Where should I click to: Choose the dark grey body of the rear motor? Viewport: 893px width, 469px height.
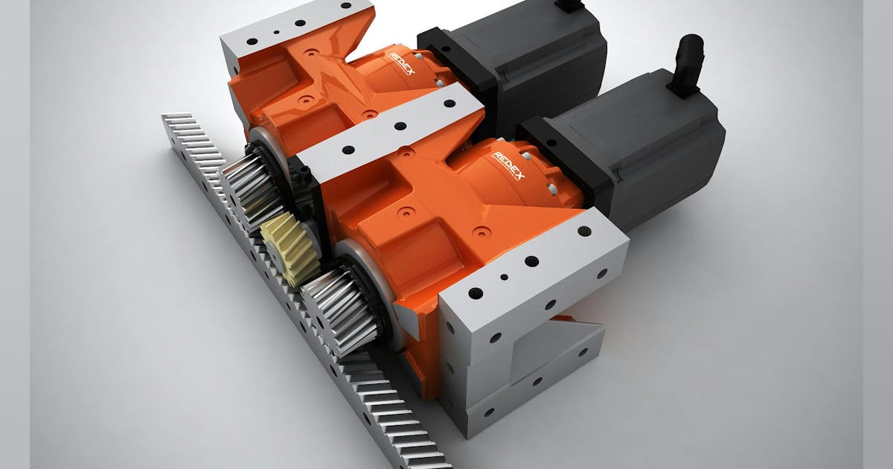[x=536, y=60]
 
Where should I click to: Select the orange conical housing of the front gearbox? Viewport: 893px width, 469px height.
[x=513, y=186]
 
